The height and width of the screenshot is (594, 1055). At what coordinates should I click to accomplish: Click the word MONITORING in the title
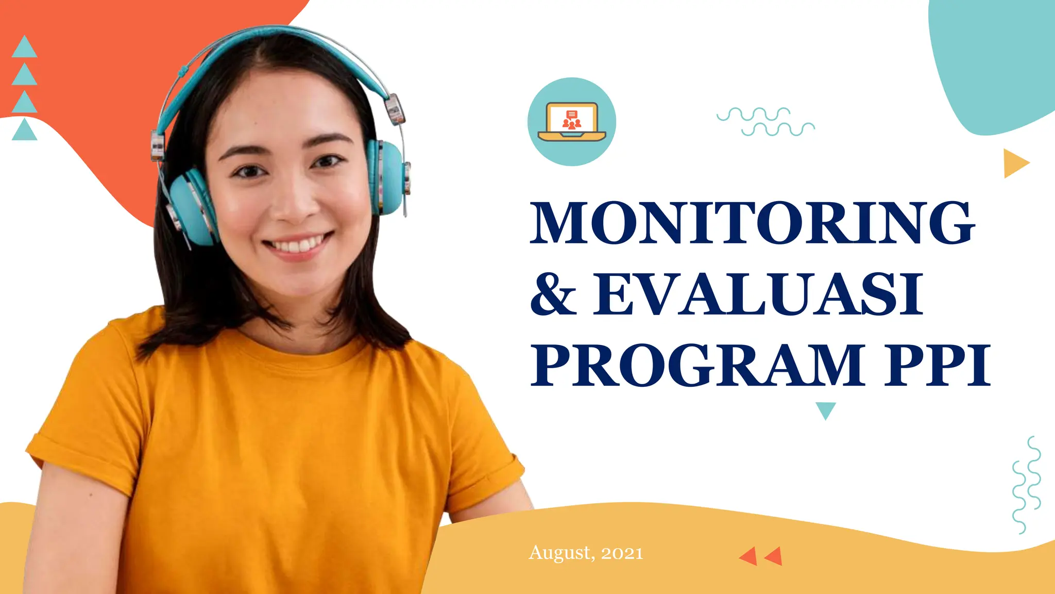point(752,223)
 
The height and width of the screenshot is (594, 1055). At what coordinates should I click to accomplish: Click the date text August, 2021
point(586,553)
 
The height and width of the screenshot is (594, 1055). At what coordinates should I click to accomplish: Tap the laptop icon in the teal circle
point(572,122)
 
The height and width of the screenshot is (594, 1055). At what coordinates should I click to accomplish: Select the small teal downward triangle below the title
point(826,410)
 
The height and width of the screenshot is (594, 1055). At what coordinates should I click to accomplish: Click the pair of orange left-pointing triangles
point(761,556)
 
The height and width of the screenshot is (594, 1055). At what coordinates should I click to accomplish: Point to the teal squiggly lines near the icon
point(765,122)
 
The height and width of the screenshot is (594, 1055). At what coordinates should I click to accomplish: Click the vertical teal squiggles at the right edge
point(1027,485)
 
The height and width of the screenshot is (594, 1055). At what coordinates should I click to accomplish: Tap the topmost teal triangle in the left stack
point(24,48)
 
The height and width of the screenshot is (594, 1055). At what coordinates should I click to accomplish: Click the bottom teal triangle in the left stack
point(24,131)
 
